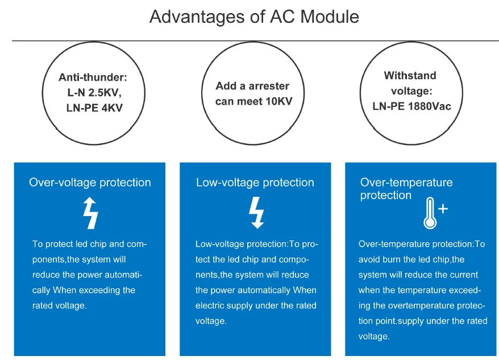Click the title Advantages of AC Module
click(254, 16)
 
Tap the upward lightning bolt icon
click(91, 213)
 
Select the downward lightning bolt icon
click(256, 213)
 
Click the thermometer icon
click(430, 213)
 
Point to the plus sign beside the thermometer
click(443, 209)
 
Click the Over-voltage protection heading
click(90, 183)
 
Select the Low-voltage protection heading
click(255, 183)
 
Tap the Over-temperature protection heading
click(406, 189)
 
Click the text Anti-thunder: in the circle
click(93, 77)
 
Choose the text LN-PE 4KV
click(94, 108)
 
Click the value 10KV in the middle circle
click(279, 101)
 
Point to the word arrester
click(269, 86)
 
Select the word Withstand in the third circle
click(410, 76)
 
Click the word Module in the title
click(330, 16)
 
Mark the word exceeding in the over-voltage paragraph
click(98, 290)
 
